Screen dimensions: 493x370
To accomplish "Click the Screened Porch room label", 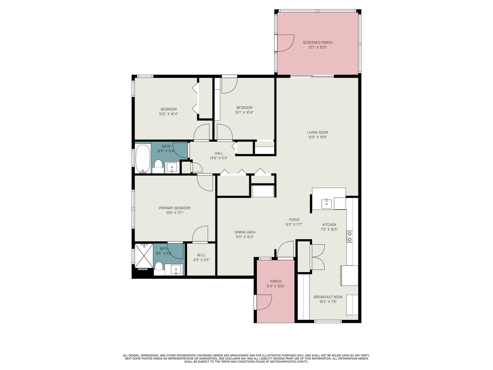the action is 317,43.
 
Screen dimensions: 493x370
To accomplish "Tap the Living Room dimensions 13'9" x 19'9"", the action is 317,137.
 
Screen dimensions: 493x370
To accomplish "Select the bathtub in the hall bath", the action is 143,159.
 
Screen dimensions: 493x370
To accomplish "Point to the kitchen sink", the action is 326,204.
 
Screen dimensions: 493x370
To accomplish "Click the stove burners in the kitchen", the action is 349,237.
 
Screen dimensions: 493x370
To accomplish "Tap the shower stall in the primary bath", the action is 144,256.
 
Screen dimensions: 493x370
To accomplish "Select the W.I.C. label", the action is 201,255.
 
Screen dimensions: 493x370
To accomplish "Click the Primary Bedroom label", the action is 174,208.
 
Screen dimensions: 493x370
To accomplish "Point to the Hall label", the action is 219,153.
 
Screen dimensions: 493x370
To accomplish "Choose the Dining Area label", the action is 245,232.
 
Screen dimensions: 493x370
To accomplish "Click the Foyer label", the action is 294,220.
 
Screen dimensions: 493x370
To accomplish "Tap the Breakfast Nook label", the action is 328,297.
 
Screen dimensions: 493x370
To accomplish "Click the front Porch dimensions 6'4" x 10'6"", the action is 275,286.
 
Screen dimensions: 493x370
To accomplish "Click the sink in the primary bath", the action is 176,269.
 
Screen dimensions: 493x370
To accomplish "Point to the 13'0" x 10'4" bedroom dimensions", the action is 169,114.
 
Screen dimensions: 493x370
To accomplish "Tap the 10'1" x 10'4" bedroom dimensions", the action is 244,112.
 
